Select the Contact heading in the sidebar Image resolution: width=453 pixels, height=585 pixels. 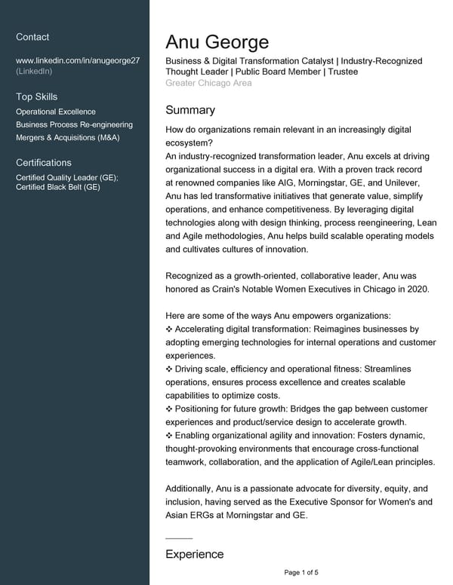coord(32,37)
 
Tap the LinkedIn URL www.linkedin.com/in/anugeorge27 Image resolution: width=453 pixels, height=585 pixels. coord(78,60)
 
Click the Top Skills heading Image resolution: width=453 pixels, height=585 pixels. coord(36,96)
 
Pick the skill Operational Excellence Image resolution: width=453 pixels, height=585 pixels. coord(56,112)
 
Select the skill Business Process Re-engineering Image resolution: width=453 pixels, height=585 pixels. coord(74,124)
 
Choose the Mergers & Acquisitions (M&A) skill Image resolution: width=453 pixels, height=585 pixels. coord(68,137)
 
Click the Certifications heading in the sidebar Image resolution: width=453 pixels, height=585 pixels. coord(44,162)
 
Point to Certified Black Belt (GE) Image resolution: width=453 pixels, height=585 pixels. coord(58,187)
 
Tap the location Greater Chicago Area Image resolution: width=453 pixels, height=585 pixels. coord(208,83)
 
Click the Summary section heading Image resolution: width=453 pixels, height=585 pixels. coord(190,110)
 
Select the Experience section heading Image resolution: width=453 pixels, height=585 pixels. coord(195,554)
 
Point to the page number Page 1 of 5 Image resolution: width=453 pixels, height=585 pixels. coord(301,573)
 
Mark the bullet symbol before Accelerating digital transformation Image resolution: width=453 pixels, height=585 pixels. coord(168,329)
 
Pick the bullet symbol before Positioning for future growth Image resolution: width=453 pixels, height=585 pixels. coord(168,409)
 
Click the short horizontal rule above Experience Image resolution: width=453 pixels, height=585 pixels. coord(179,538)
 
